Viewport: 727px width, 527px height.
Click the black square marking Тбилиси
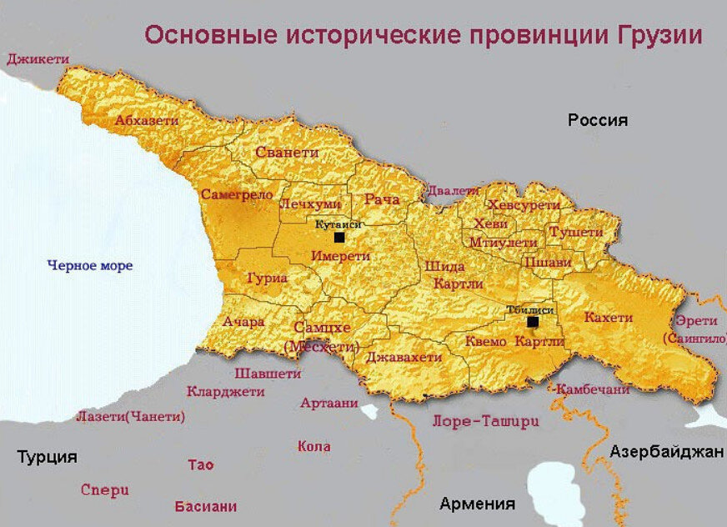coord(532,322)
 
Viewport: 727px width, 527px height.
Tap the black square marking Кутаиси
coord(338,238)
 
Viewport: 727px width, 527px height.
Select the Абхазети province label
coord(147,121)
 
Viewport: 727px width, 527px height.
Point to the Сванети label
coord(287,153)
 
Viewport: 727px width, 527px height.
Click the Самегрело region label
coord(238,194)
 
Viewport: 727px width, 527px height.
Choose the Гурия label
coord(268,278)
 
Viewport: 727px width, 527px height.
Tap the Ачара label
coord(243,322)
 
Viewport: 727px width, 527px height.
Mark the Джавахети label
coord(404,357)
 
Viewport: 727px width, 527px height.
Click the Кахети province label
coord(608,318)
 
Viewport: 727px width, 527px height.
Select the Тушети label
coord(575,232)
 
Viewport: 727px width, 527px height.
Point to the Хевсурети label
coord(524,205)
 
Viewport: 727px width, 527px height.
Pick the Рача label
coord(382,200)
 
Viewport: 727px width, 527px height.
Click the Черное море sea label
coord(90,266)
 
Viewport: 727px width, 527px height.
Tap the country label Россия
coord(597,120)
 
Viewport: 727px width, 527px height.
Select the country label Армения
coord(477,504)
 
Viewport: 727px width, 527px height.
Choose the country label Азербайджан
coord(666,452)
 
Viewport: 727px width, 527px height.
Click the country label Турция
coord(48,457)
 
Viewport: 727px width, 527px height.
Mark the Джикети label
coord(38,59)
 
